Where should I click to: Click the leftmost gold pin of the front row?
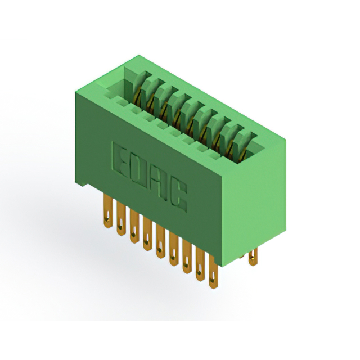108,211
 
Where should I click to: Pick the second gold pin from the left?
121,219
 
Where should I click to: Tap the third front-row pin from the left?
134,226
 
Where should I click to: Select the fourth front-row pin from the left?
147,234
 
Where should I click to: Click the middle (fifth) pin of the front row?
160,241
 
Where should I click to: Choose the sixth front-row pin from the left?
174,249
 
